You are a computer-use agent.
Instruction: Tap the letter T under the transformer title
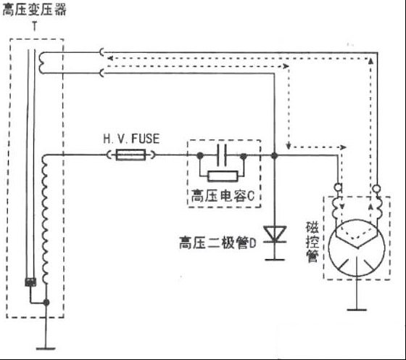pos(35,26)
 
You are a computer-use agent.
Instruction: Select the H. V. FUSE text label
pos(131,139)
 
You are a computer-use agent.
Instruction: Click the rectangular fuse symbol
pos(130,155)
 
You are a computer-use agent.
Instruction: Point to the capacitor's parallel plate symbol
pos(222,155)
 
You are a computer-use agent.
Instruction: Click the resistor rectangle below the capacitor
pos(223,176)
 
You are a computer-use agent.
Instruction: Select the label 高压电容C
pos(223,196)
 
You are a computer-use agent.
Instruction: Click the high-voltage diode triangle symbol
pos(275,234)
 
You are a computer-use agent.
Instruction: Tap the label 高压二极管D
pos(217,243)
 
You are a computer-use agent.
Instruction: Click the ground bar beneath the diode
pos(275,259)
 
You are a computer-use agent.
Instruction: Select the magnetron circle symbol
pos(357,248)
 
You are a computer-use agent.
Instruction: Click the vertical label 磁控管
pos(312,242)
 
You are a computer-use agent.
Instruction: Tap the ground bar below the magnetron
pos(357,309)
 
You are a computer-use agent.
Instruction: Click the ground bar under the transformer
pos(46,348)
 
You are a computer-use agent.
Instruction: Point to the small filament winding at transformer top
pos(42,63)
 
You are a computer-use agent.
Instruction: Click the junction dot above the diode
pos(275,156)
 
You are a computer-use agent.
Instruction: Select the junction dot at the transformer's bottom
pos(46,302)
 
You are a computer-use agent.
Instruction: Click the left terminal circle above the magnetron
pos(338,187)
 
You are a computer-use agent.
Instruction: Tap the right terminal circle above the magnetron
pos(376,188)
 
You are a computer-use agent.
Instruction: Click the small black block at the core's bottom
pos(30,282)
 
